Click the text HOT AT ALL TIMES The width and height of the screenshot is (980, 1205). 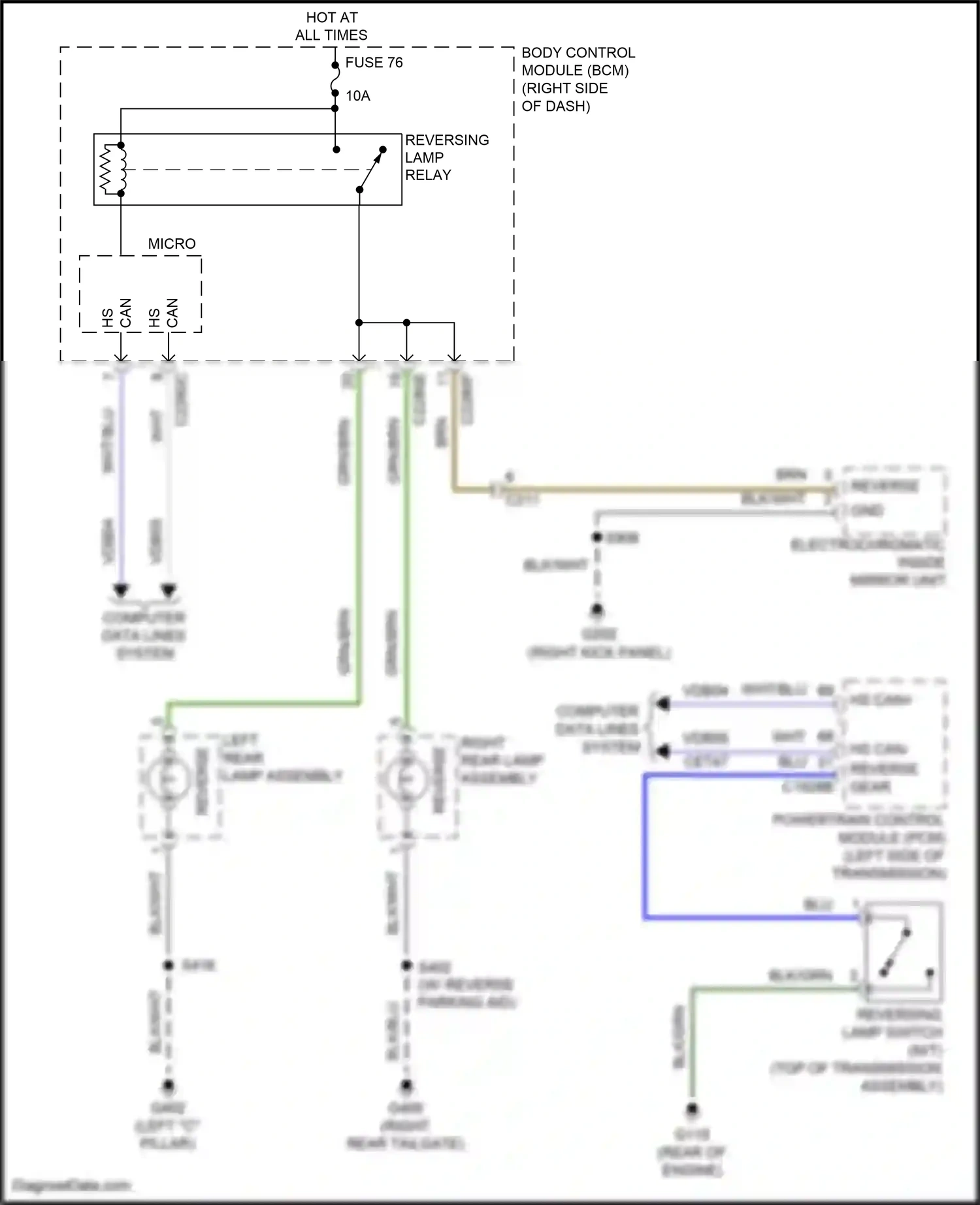[331, 26]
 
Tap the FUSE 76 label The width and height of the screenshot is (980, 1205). [374, 63]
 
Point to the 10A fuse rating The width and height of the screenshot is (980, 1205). [357, 96]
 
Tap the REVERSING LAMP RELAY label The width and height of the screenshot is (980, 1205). [447, 157]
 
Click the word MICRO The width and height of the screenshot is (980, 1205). [172, 243]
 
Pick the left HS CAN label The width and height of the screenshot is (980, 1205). [116, 313]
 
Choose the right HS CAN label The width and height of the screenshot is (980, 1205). [163, 313]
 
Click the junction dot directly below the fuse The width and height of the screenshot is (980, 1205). [335, 108]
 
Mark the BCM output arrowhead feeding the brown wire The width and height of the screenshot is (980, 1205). [454, 357]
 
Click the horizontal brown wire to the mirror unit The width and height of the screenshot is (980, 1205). [653, 488]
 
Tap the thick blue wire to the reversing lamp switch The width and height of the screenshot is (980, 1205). [645, 849]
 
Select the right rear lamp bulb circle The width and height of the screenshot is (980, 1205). [406, 779]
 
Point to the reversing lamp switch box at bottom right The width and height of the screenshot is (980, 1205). [904, 952]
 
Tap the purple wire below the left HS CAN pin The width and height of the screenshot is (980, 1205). [121, 477]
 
